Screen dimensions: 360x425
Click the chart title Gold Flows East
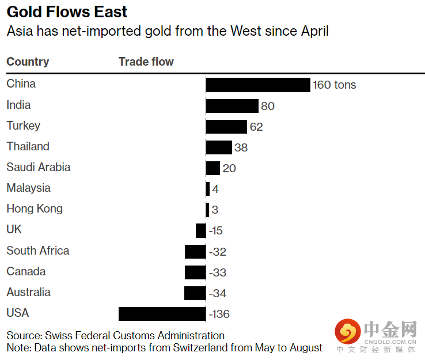point(67,12)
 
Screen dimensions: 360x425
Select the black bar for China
point(258,85)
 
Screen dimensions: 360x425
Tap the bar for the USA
point(162,314)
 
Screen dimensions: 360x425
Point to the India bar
point(232,106)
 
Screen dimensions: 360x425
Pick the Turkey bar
point(226,127)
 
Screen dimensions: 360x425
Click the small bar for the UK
point(200,230)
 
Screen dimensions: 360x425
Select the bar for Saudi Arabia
point(212,168)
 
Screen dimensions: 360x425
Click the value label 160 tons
point(335,85)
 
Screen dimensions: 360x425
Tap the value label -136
point(219,314)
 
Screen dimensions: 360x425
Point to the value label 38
point(241,147)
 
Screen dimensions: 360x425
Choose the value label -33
point(217,272)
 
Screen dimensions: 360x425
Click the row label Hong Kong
point(35,209)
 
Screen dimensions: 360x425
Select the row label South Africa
point(38,251)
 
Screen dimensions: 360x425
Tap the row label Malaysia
point(29,188)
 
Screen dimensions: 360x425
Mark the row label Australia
point(29,292)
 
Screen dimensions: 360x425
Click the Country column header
point(28,62)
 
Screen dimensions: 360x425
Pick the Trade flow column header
point(146,62)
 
